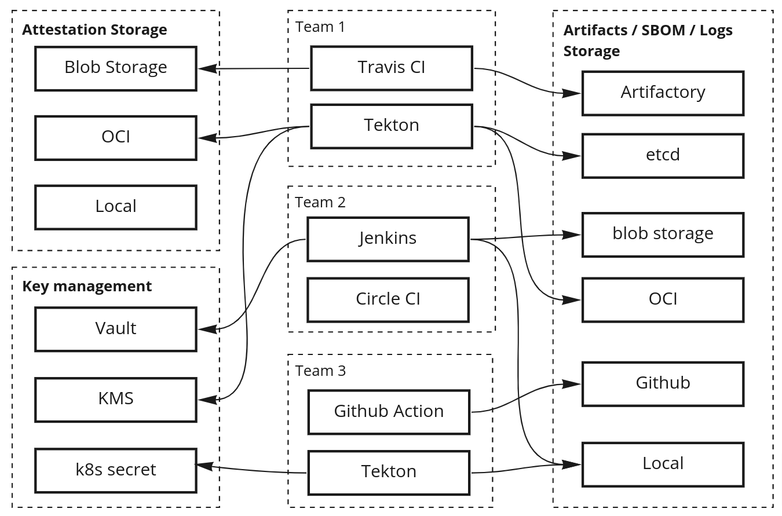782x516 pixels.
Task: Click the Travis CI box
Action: click(x=392, y=68)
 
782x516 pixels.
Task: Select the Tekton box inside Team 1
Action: click(x=392, y=126)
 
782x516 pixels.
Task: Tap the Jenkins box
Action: click(x=388, y=239)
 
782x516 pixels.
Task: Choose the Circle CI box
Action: click(x=388, y=299)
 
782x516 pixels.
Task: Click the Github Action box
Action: click(x=389, y=412)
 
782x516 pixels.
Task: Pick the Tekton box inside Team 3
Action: click(x=389, y=472)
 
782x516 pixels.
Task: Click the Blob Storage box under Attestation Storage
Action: click(x=116, y=68)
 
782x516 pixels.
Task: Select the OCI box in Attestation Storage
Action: click(x=116, y=137)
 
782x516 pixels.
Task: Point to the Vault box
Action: click(x=116, y=329)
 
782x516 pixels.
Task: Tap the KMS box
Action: click(x=116, y=399)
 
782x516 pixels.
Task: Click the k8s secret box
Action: click(x=116, y=470)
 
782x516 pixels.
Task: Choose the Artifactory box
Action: click(x=663, y=93)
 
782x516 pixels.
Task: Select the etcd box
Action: click(x=663, y=156)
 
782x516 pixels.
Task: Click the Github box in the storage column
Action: click(x=663, y=383)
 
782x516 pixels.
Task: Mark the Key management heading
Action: click(x=87, y=286)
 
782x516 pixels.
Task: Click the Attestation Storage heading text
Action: click(x=94, y=30)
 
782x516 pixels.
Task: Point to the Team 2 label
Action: click(x=320, y=202)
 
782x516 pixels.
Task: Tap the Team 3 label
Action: click(x=320, y=371)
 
